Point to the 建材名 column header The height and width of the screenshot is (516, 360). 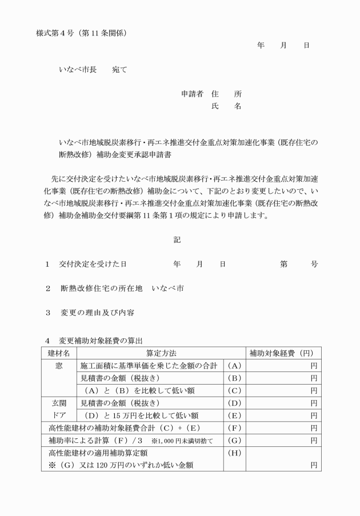coord(58,353)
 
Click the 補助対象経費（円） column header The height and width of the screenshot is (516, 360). coord(283,353)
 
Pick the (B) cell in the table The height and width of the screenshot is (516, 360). coord(235,378)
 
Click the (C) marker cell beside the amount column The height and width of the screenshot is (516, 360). coord(235,391)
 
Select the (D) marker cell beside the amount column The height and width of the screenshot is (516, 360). coord(235,403)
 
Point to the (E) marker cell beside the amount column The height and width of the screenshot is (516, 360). coord(235,415)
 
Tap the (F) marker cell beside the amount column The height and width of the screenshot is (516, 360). coord(235,428)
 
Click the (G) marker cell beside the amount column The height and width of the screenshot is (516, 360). coord(235,441)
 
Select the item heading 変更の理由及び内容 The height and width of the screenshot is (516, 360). coord(97,313)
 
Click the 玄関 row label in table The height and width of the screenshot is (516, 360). coord(59,403)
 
